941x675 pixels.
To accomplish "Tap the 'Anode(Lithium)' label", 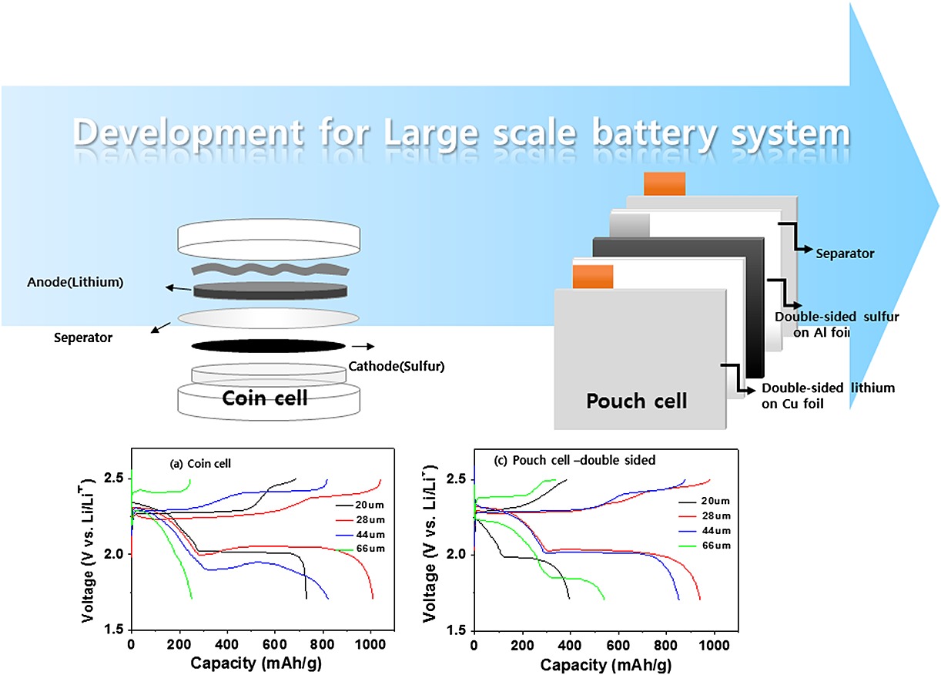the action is coord(75,282).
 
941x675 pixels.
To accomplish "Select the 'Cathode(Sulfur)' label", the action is coord(396,367).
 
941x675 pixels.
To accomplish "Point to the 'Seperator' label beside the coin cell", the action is coord(83,338).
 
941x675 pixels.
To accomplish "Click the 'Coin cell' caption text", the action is coord(265,398).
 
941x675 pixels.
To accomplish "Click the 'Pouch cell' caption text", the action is coord(636,401).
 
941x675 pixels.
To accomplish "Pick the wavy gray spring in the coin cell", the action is coord(270,269).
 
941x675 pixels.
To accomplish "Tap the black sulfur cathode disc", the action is coord(269,346).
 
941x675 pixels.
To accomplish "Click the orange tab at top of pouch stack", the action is coord(665,183).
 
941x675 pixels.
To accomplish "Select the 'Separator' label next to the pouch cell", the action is coord(845,254).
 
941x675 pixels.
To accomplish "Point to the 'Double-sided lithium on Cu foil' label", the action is coord(828,395).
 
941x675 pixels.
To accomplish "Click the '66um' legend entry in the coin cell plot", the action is coord(370,549).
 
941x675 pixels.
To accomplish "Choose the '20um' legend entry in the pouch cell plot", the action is coord(715,501).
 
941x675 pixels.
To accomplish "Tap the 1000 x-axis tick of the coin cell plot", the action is coord(370,644).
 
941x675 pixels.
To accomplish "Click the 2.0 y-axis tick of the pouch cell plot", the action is coord(456,554).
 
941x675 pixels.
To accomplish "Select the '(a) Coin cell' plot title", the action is coord(200,464).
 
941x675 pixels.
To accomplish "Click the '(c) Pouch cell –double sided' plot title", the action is coord(574,460).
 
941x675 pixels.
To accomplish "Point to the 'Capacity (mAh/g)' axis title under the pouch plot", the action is coord(606,665).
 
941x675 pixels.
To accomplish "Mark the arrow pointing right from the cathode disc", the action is coord(363,346).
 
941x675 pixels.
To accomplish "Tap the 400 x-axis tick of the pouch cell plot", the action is coord(570,645).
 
